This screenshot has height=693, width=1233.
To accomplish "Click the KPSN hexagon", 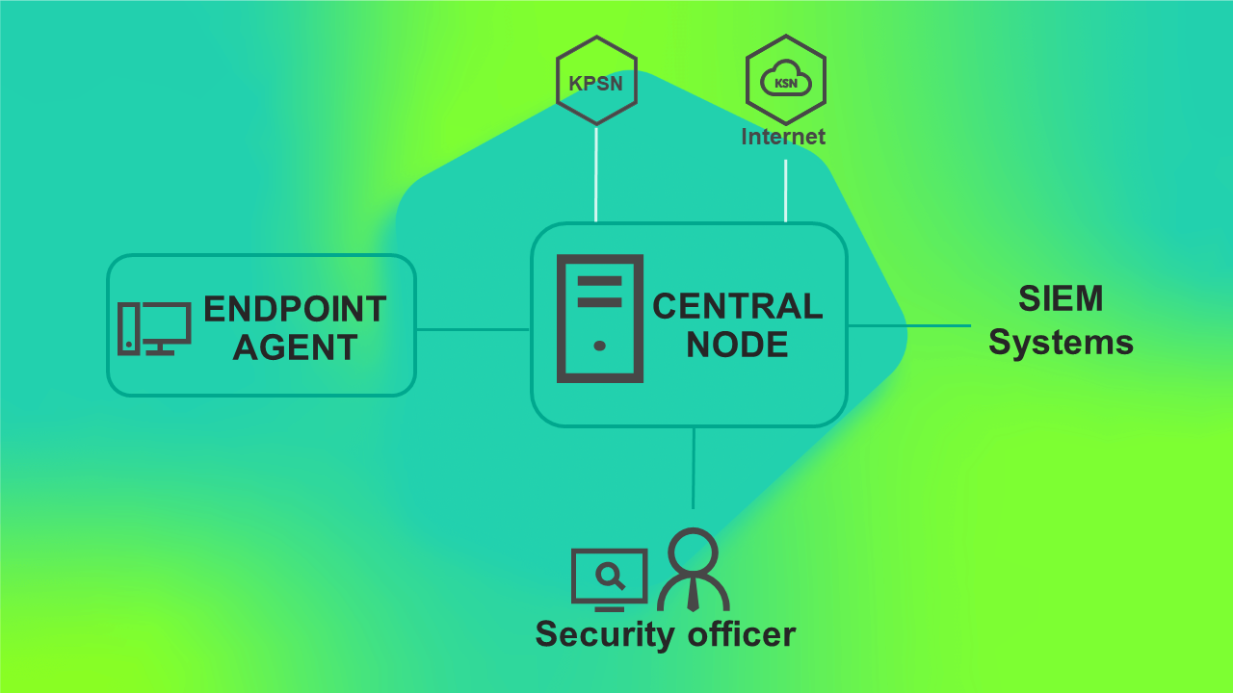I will (x=596, y=81).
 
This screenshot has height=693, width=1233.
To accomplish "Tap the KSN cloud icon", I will (x=785, y=82).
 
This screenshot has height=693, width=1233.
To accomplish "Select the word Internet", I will (x=783, y=137).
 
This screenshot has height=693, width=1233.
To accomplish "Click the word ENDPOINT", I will (x=295, y=309).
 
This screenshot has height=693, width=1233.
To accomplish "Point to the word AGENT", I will (x=295, y=347).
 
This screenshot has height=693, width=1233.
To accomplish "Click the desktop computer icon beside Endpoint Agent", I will (x=154, y=328).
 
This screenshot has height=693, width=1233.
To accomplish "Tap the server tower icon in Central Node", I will (x=599, y=319).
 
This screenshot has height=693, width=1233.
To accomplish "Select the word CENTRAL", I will (x=738, y=306).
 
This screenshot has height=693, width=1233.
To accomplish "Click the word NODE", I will (x=738, y=345).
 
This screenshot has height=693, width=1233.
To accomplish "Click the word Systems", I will (x=1061, y=343).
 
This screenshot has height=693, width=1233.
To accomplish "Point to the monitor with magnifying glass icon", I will (x=609, y=579).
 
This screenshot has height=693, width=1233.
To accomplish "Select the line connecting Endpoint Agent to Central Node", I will (x=473, y=329).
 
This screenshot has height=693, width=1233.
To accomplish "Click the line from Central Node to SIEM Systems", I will (x=908, y=325).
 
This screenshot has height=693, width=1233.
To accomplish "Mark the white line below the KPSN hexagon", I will (x=596, y=174).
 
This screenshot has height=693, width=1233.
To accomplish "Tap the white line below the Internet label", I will (x=786, y=191).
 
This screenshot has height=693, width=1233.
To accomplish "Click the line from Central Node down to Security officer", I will (x=694, y=468).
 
